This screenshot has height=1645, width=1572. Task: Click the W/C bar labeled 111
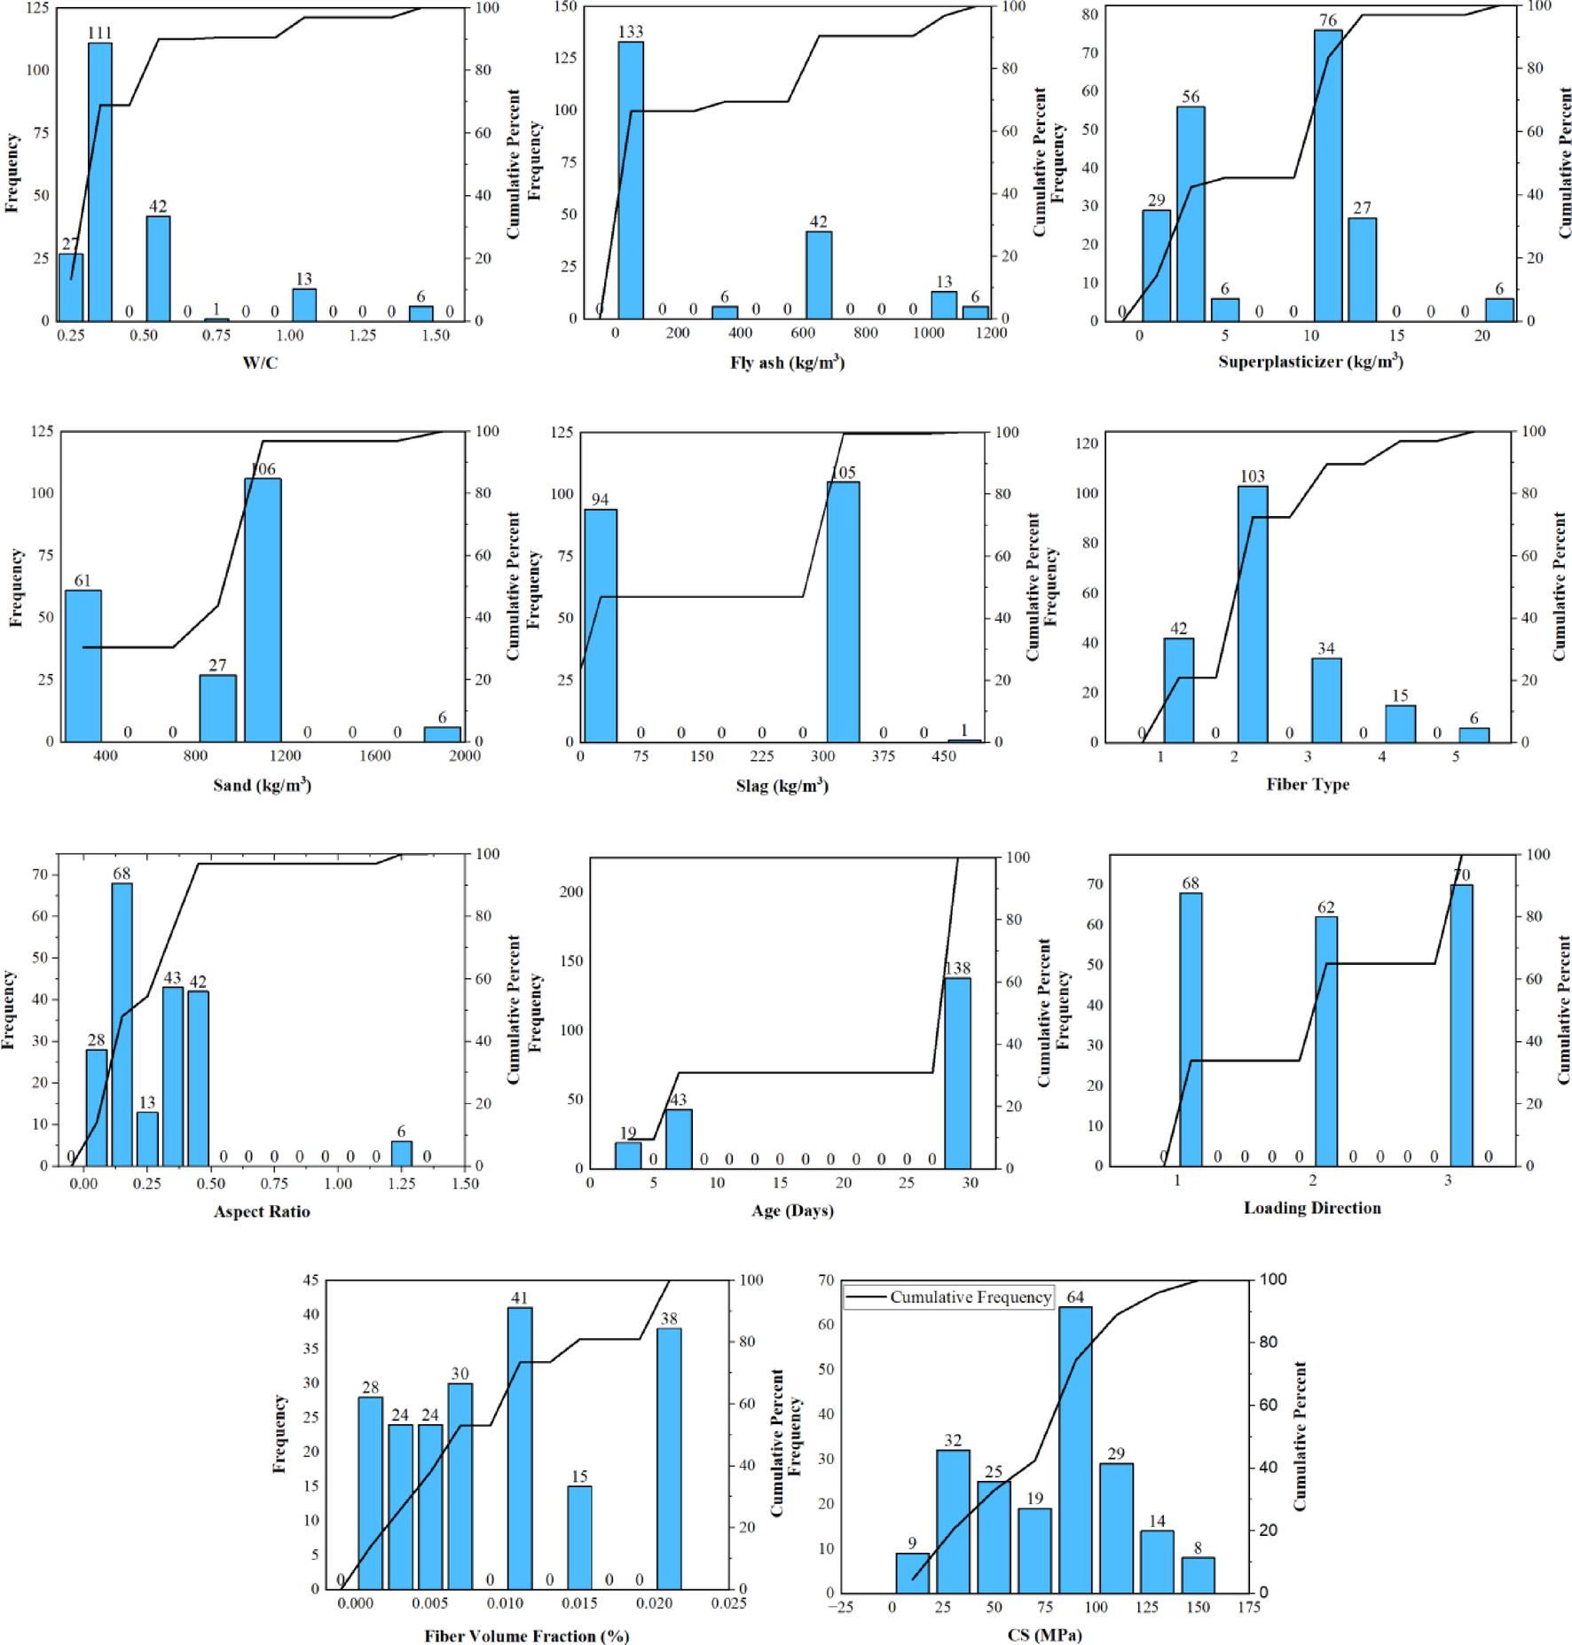click(x=100, y=182)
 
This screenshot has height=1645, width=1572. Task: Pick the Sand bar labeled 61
click(x=83, y=666)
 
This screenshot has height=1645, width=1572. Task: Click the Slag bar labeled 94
click(x=601, y=625)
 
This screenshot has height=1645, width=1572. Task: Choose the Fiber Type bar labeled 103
click(x=1252, y=614)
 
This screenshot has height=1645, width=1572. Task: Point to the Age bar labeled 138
click(x=957, y=1073)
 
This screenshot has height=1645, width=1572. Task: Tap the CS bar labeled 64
click(x=1075, y=1449)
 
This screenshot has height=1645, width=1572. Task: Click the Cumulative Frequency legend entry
click(x=948, y=1296)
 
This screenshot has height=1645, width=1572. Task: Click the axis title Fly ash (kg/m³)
click(x=787, y=362)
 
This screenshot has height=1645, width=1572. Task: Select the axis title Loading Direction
click(x=1311, y=1208)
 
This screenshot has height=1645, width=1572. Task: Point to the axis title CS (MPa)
click(x=1044, y=1634)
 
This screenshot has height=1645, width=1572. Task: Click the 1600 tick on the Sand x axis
click(x=374, y=756)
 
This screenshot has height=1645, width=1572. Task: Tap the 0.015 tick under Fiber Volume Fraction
click(x=579, y=1603)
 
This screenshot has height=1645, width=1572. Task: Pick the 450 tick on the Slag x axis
click(x=943, y=756)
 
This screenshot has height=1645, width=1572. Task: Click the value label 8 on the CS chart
click(x=1198, y=1548)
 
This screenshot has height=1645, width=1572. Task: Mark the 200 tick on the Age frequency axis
click(x=570, y=891)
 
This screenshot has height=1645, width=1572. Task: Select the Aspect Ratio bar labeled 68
click(x=122, y=1024)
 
